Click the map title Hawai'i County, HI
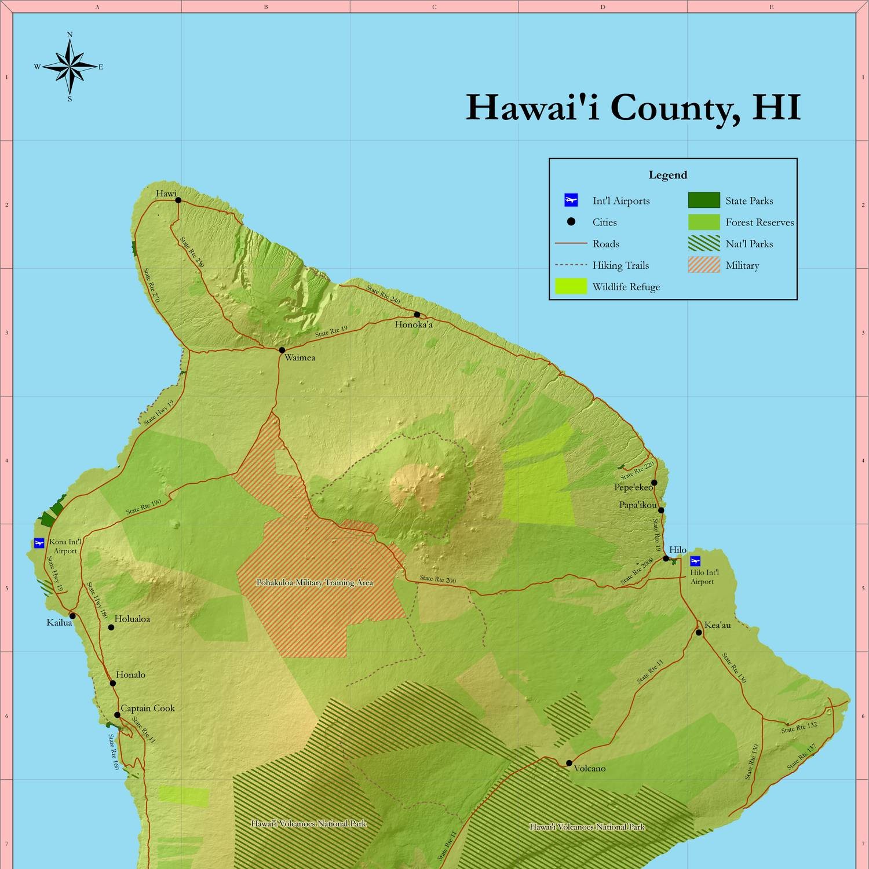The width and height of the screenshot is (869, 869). (x=633, y=107)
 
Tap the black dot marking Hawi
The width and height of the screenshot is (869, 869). (x=178, y=200)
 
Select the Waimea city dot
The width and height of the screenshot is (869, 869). (x=282, y=350)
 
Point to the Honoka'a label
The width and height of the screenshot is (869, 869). (x=414, y=324)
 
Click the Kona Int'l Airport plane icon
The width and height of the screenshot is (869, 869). (x=39, y=543)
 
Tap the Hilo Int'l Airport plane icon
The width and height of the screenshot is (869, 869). (x=695, y=561)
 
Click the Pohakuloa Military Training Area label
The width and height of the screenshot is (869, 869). (x=315, y=582)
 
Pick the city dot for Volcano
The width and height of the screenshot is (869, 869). (x=569, y=763)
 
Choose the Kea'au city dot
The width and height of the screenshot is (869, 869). (x=699, y=632)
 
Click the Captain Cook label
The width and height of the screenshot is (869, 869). (x=147, y=708)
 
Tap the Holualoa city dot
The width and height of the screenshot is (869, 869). (x=111, y=627)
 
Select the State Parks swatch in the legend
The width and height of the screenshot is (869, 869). (x=704, y=200)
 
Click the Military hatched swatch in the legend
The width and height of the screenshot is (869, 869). (x=704, y=265)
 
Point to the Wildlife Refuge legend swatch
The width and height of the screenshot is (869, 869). (x=571, y=287)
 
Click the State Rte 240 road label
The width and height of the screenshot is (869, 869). (x=383, y=295)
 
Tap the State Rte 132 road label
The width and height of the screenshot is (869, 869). (x=799, y=727)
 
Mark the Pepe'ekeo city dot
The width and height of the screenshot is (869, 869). (x=654, y=483)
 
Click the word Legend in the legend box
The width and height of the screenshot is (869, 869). (x=668, y=175)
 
